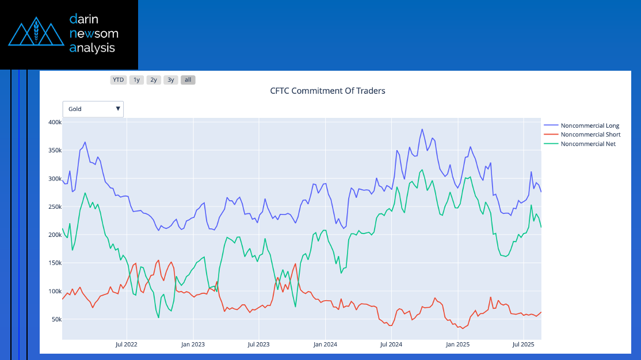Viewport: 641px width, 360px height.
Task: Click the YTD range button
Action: point(118,80)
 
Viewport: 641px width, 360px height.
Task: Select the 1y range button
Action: point(136,80)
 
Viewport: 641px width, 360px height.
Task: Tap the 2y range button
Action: point(154,80)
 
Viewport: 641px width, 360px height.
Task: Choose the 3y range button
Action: point(171,80)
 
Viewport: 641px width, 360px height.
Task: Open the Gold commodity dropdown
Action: point(93,109)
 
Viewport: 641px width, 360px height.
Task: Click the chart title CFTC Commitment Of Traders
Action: point(327,91)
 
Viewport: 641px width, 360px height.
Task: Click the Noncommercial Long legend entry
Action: point(589,125)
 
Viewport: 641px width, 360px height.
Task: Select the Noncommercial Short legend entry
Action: point(590,135)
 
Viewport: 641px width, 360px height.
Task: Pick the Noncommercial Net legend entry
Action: point(588,144)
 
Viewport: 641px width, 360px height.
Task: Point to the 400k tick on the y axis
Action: point(55,122)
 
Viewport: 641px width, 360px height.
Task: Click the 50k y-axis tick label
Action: point(55,320)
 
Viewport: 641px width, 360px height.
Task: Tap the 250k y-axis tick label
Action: point(55,207)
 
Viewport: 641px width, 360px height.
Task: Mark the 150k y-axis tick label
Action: point(55,263)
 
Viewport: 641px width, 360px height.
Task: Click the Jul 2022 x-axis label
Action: point(127,344)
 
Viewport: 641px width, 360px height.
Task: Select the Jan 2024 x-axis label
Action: point(326,344)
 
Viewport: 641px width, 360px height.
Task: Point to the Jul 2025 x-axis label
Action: point(523,344)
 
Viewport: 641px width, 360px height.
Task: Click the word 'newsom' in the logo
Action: point(94,33)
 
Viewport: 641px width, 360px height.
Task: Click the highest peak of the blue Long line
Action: point(422,129)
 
